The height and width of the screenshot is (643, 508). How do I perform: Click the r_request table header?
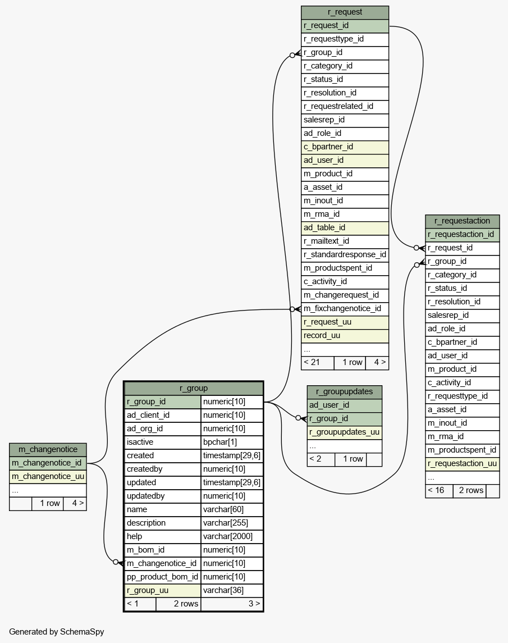point(345,12)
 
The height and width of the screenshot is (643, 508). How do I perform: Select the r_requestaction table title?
point(462,221)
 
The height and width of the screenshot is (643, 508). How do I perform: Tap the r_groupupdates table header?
point(345,391)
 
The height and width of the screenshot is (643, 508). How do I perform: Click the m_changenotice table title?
point(48,449)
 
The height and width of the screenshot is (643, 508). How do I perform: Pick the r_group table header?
point(194,388)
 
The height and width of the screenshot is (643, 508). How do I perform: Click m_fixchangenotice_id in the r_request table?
point(342,308)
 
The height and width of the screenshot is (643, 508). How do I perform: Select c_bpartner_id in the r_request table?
point(328,147)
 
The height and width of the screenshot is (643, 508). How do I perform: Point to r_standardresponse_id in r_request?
point(345,254)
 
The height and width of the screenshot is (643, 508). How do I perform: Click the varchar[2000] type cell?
point(228,536)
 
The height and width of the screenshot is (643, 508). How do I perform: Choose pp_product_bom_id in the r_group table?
point(162,577)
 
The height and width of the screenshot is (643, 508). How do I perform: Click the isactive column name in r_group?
point(140,442)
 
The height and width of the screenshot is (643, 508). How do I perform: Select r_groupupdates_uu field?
point(345,432)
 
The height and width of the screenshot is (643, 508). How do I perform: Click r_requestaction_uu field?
point(462,464)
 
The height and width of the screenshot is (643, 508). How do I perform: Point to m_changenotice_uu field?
point(48,477)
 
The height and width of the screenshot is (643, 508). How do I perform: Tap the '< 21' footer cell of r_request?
point(312,363)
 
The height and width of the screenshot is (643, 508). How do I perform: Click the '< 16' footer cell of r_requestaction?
point(436,490)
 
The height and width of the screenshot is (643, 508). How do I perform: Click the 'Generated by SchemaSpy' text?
point(57,632)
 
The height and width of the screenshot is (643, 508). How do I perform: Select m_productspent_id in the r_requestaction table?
point(462,450)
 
